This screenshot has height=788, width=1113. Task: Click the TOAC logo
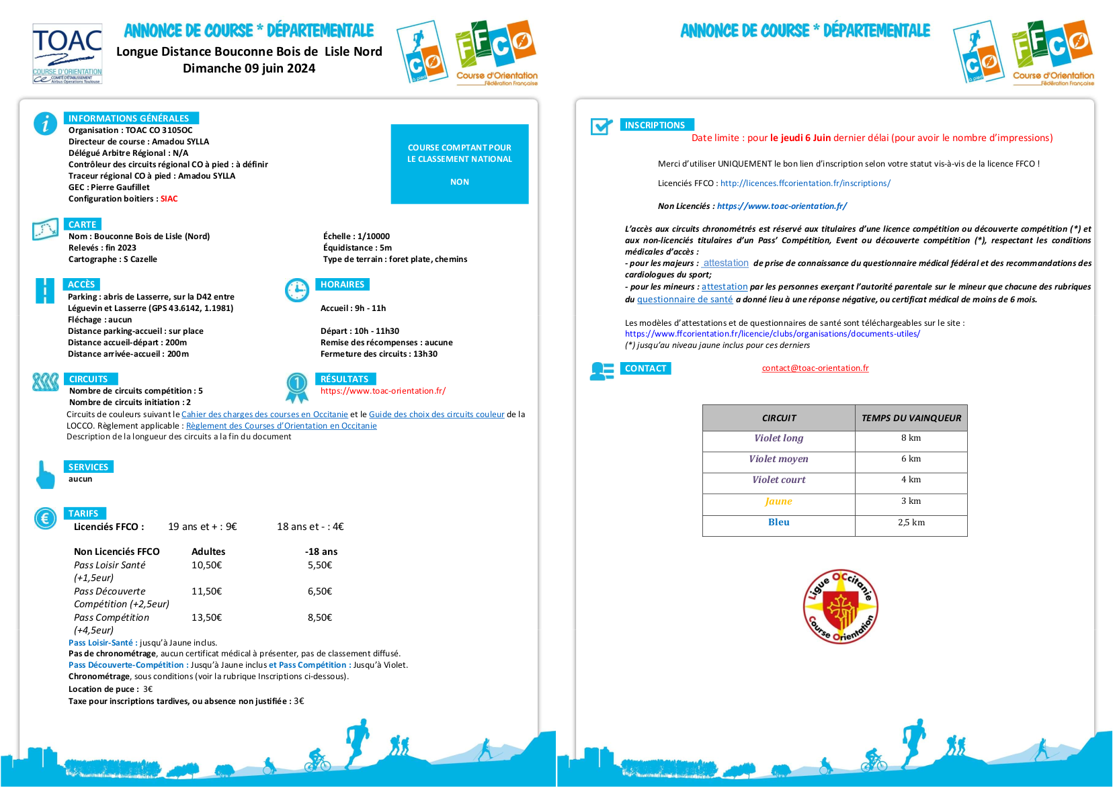pyautogui.click(x=67, y=54)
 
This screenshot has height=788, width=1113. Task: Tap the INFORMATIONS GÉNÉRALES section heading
pyautogui.click(x=128, y=118)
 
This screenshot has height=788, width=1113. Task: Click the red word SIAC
pyautogui.click(x=169, y=199)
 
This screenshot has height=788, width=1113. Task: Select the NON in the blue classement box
pyautogui.click(x=460, y=182)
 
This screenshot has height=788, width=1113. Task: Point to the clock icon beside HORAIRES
pyautogui.click(x=297, y=290)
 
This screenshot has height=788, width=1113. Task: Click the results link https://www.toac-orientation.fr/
pyautogui.click(x=383, y=391)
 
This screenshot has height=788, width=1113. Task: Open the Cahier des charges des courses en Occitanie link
pyautogui.click(x=265, y=414)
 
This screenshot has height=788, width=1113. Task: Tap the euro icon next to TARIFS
pyautogui.click(x=45, y=518)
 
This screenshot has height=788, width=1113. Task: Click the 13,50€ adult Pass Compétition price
pyautogui.click(x=206, y=617)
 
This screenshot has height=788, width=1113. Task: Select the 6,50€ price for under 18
pyautogui.click(x=320, y=591)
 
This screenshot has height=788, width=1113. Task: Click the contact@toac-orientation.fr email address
pyautogui.click(x=815, y=368)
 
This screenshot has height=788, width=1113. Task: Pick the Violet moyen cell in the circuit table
pyautogui.click(x=779, y=459)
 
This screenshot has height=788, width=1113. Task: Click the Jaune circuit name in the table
pyautogui.click(x=779, y=501)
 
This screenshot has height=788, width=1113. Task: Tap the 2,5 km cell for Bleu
pyautogui.click(x=911, y=523)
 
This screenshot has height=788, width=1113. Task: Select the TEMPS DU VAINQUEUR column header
pyautogui.click(x=911, y=418)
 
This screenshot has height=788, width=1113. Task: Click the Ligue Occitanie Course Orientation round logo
pyautogui.click(x=840, y=607)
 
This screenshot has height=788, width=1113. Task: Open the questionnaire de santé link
pyautogui.click(x=685, y=300)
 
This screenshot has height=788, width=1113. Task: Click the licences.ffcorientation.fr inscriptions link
pyautogui.click(x=805, y=183)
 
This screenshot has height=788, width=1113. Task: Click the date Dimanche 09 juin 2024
pyautogui.click(x=249, y=69)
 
